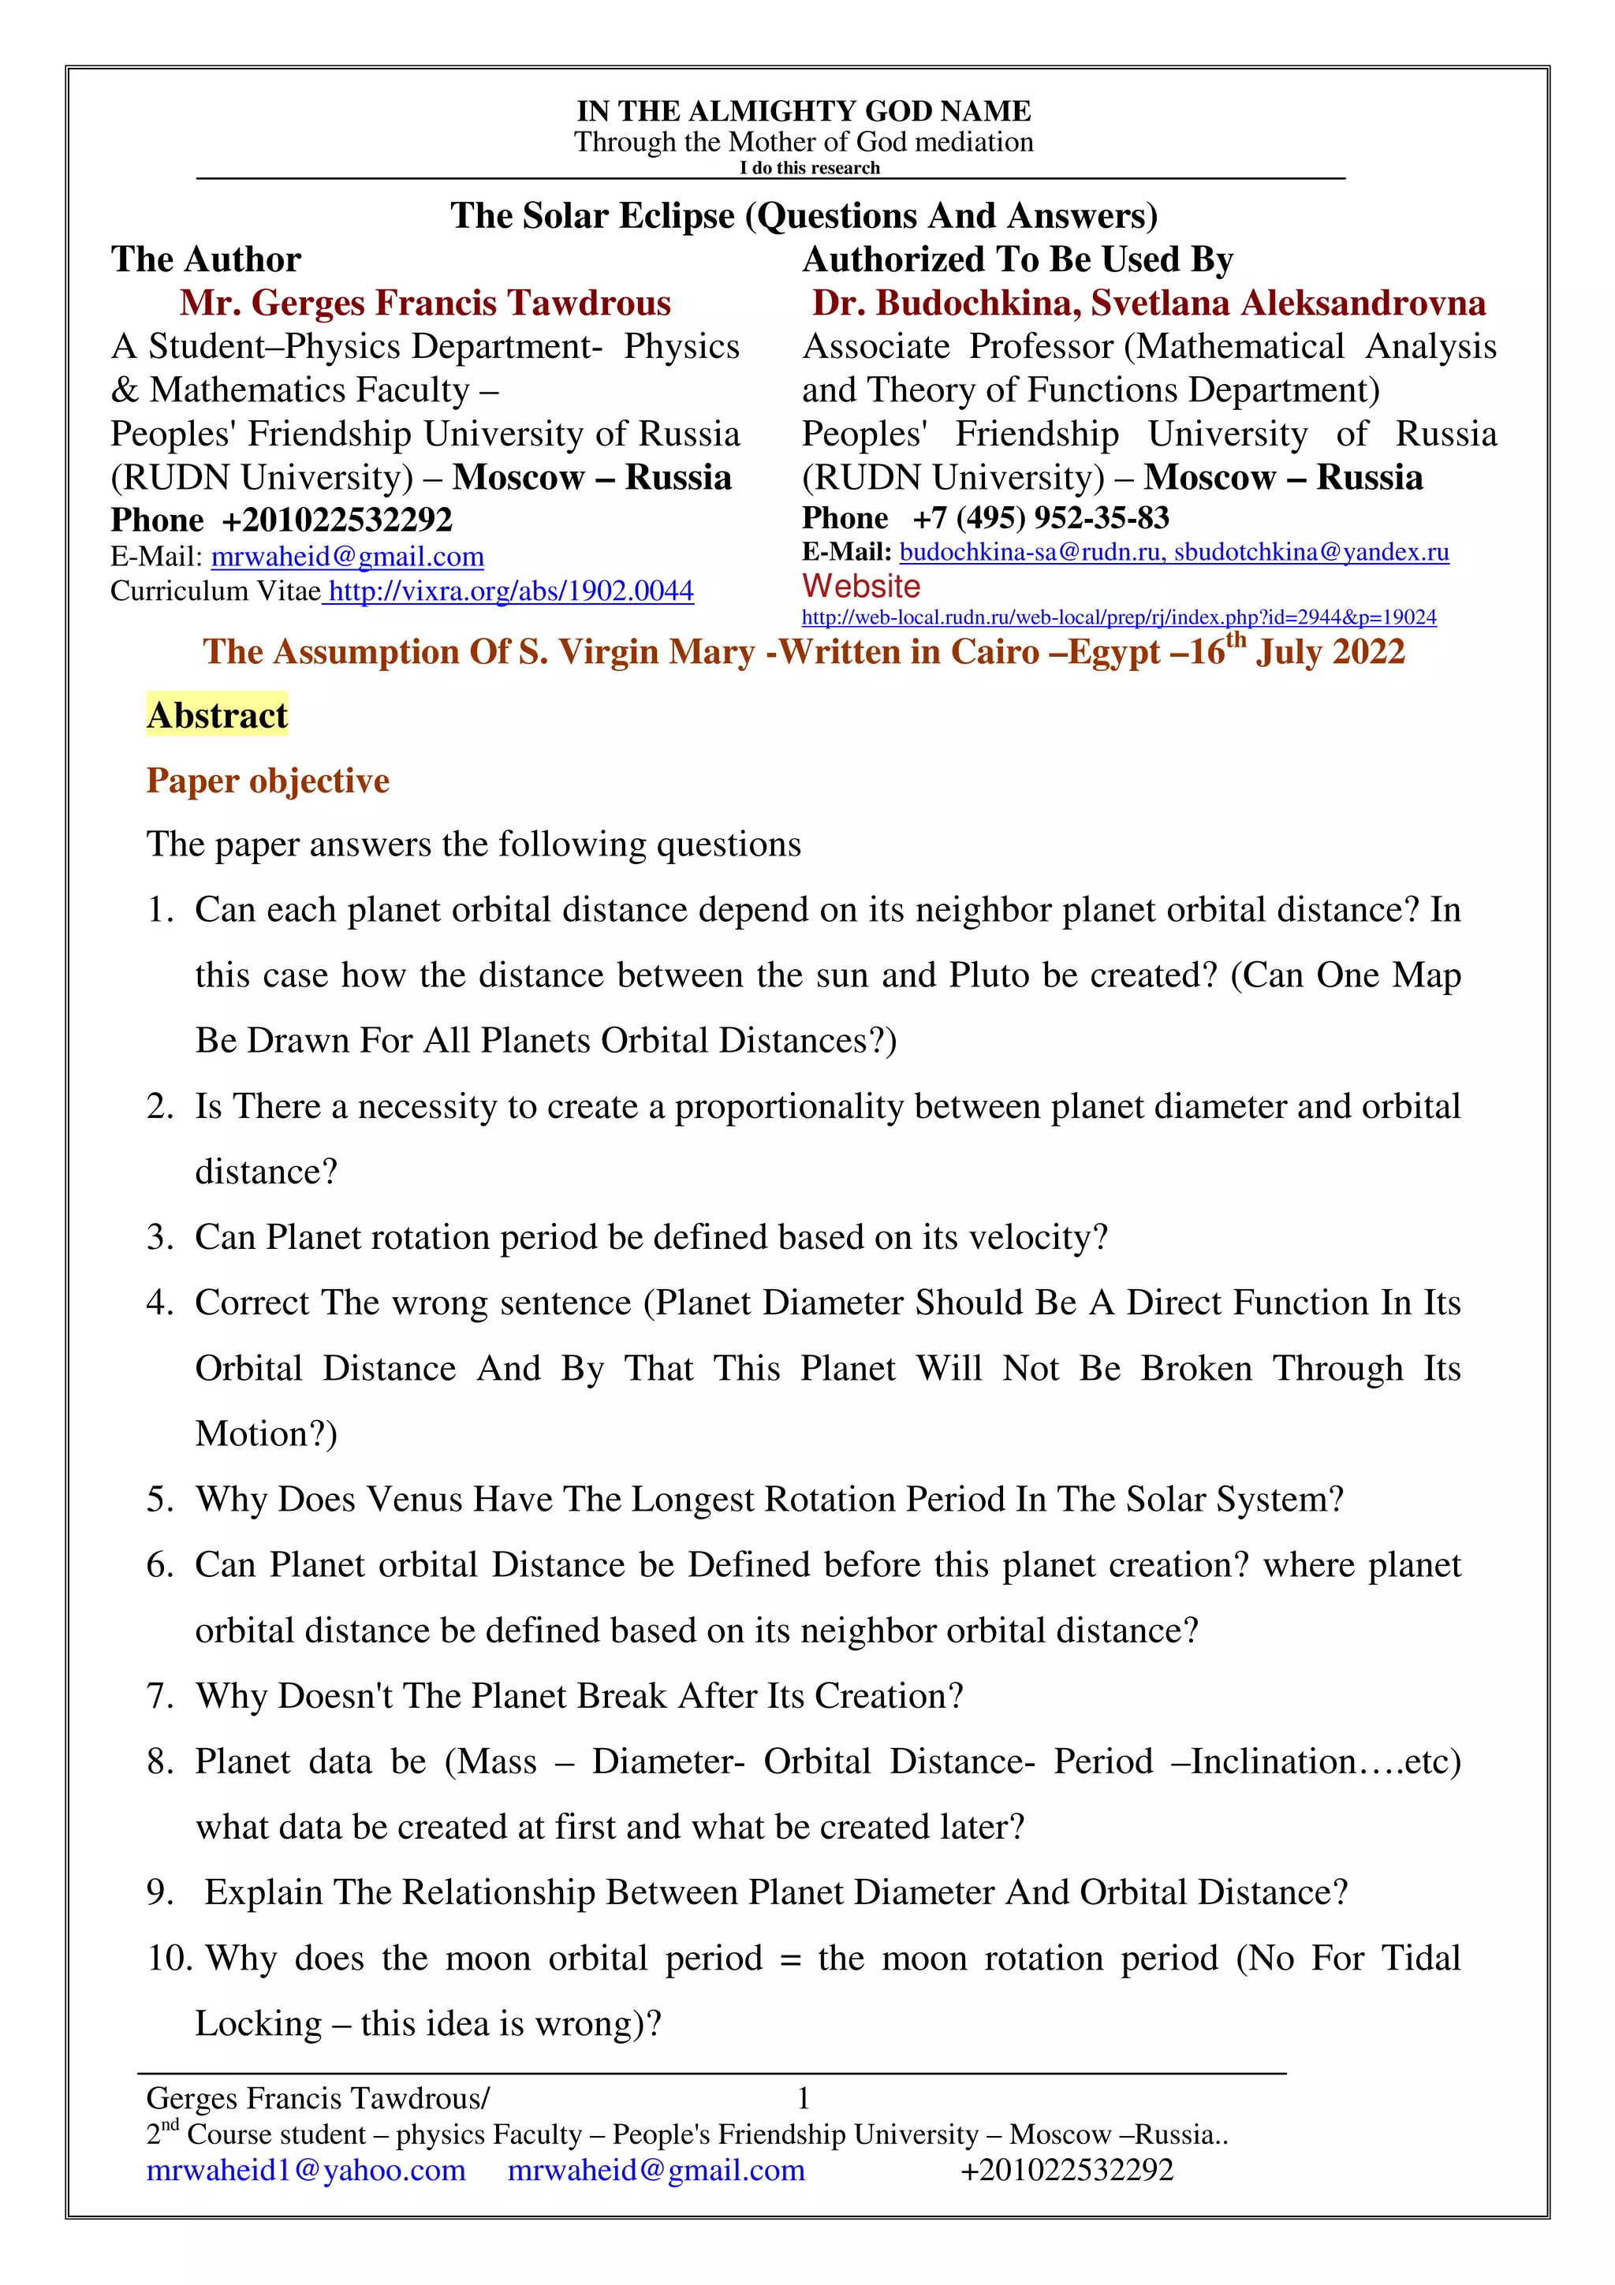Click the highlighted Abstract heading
tap(217, 714)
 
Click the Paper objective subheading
tap(267, 781)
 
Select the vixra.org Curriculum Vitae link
tap(509, 591)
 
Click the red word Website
tap(861, 585)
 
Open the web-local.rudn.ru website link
tap(1118, 617)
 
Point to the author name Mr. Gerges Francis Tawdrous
tap(425, 303)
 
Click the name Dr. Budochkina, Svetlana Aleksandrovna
tap(1148, 303)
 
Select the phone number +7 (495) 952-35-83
tap(1040, 517)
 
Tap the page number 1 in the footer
tap(803, 2098)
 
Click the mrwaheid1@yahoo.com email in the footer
tap(305, 2170)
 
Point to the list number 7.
tap(159, 1696)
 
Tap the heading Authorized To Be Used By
tap(1017, 259)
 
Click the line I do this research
tap(809, 168)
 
